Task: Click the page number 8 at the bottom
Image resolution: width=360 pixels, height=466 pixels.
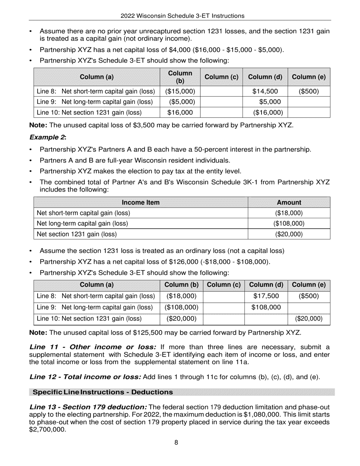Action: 176,442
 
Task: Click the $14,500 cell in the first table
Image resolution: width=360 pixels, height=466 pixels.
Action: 265,91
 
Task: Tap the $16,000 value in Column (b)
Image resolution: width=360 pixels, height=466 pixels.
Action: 180,113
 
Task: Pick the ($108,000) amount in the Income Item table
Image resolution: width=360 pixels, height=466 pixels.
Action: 289,224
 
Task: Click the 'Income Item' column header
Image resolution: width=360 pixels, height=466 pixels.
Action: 141,202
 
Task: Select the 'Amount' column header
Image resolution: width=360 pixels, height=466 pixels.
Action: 289,202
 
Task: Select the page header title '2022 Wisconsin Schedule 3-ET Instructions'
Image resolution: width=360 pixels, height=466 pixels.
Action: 182,16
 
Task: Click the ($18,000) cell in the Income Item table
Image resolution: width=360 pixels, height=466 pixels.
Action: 289,213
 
